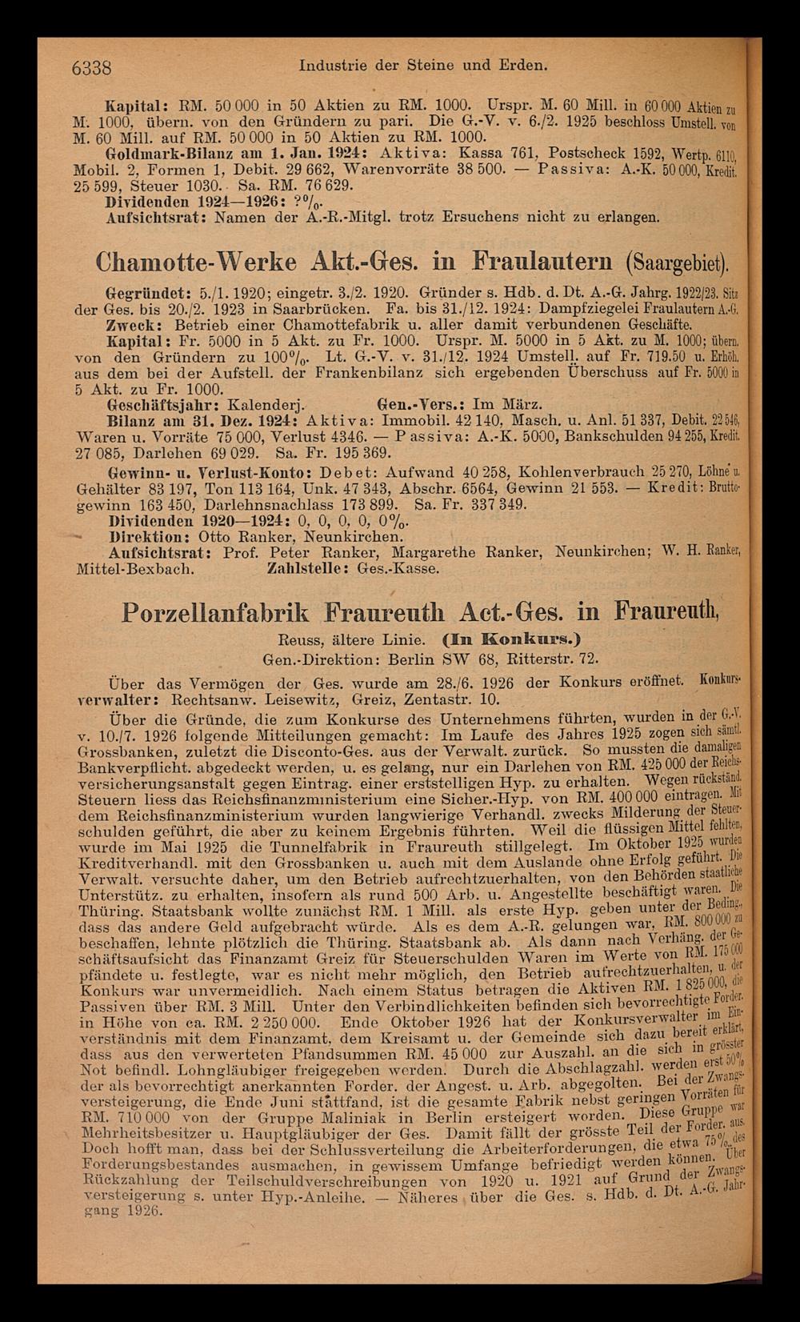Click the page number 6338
coord(91,67)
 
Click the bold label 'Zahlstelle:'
coord(308,569)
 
